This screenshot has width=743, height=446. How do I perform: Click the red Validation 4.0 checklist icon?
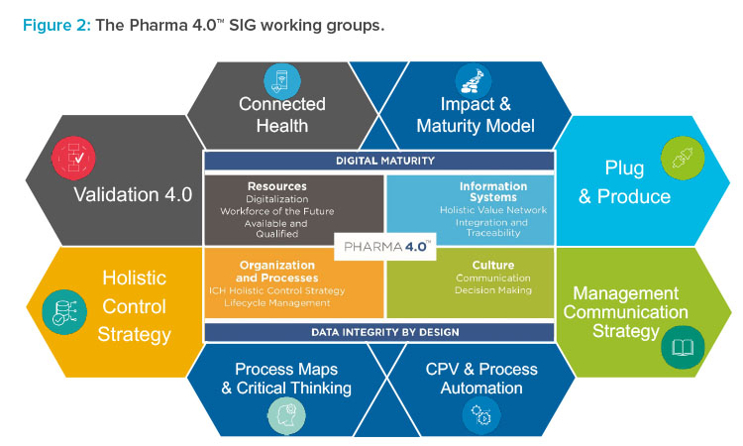pyautogui.click(x=73, y=158)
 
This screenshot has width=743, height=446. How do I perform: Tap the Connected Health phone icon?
pyautogui.click(x=282, y=81)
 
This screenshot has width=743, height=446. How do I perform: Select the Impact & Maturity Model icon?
pyautogui.click(x=473, y=81)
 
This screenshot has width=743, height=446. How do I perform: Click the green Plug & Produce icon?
pyautogui.click(x=683, y=158)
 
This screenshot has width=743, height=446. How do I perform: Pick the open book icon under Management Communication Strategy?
pyautogui.click(x=683, y=348)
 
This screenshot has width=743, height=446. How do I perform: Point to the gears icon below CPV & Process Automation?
pyautogui.click(x=481, y=415)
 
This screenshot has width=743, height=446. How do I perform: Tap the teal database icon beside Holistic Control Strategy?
pyautogui.click(x=64, y=312)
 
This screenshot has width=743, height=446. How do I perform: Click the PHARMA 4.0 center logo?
pyautogui.click(x=384, y=247)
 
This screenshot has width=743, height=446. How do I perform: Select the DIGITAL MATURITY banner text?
pyautogui.click(x=384, y=161)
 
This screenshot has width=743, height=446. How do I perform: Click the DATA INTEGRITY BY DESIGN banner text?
pyautogui.click(x=384, y=332)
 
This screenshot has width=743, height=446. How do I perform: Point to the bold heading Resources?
pyautogui.click(x=276, y=186)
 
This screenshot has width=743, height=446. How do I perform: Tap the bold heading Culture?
pyautogui.click(x=492, y=265)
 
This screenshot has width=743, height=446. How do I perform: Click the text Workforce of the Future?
pyautogui.click(x=276, y=211)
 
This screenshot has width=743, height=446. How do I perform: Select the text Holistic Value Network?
pyautogui.click(x=492, y=210)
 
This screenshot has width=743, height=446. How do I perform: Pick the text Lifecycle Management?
pyautogui.click(x=276, y=303)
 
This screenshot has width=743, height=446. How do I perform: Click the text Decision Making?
pyautogui.click(x=492, y=290)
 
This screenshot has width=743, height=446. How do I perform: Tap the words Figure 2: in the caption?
pyautogui.click(x=56, y=25)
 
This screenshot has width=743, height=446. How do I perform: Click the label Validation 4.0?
pyautogui.click(x=133, y=195)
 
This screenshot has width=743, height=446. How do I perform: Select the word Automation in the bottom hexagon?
pyautogui.click(x=481, y=389)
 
